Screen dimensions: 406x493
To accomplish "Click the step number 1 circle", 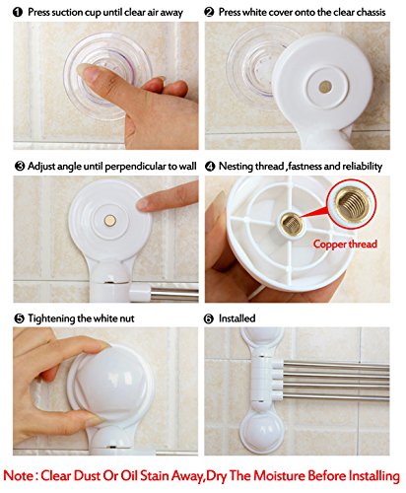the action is coord(18,13).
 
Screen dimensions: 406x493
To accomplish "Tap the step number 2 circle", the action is coord(209,13).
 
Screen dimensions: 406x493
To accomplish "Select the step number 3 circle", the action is coord(20,167).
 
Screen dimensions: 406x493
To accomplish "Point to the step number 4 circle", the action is coord(210,167).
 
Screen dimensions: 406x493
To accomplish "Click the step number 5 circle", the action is coord(20,318).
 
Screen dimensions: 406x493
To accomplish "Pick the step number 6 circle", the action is coord(209,318).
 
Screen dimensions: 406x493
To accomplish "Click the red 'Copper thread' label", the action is coord(345,245).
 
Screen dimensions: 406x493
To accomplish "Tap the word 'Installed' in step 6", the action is coord(237,318).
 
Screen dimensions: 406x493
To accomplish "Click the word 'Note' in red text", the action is coord(19,475).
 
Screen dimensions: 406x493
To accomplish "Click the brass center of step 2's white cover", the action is coord(325,87).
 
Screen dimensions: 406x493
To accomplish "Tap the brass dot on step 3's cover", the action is coord(110,221).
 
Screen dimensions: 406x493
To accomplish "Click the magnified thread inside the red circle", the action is coord(352,205).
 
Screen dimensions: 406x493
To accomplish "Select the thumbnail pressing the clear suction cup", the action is coord(86,72).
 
